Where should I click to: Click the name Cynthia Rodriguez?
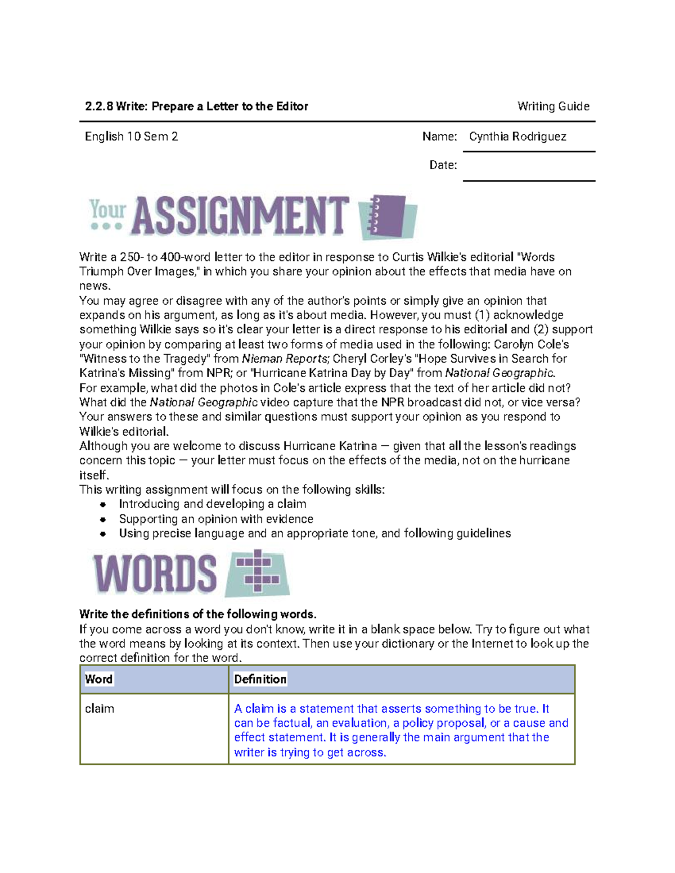point(517,137)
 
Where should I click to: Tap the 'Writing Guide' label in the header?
point(553,106)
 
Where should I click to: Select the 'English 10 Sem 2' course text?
point(131,137)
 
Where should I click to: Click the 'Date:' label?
point(443,165)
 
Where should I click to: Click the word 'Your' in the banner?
point(107,210)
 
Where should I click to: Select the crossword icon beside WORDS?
point(258,572)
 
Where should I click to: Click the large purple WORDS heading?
point(155,574)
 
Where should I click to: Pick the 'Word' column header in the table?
point(99,679)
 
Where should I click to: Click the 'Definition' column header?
point(260,679)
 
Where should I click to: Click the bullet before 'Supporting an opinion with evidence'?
point(103,519)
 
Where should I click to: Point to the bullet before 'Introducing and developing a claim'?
point(103,505)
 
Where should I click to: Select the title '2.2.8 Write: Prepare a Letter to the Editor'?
point(196,106)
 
